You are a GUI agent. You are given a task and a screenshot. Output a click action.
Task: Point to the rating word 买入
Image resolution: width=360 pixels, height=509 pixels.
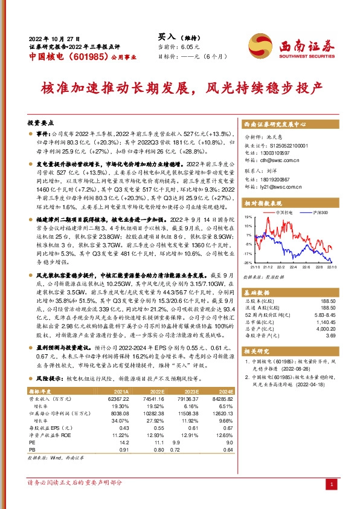[x=167, y=37]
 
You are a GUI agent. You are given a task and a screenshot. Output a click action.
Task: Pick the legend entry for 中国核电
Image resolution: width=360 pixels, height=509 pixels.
[x=280, y=213]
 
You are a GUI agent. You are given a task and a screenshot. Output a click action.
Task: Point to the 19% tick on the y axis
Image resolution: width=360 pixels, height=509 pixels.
[x=247, y=216]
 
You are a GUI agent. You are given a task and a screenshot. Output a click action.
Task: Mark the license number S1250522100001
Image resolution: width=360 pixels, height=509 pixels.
[x=279, y=146]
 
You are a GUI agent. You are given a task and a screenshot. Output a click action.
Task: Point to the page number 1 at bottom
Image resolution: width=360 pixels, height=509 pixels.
[x=332, y=484]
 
